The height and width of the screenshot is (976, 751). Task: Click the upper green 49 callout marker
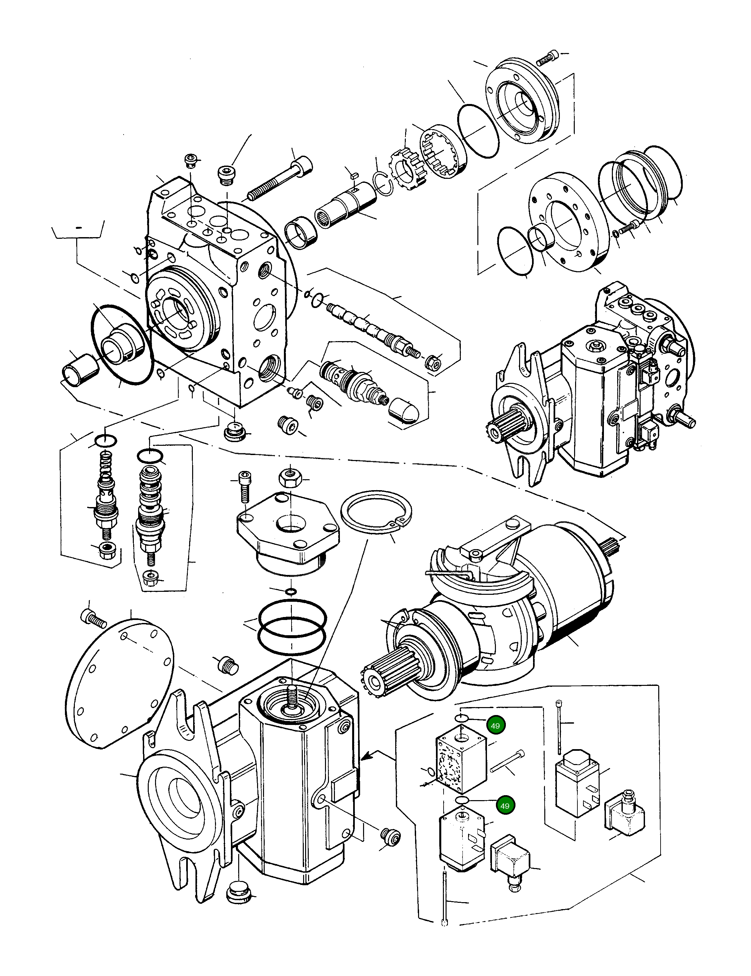(x=495, y=726)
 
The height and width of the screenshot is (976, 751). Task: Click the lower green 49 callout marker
(x=505, y=806)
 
